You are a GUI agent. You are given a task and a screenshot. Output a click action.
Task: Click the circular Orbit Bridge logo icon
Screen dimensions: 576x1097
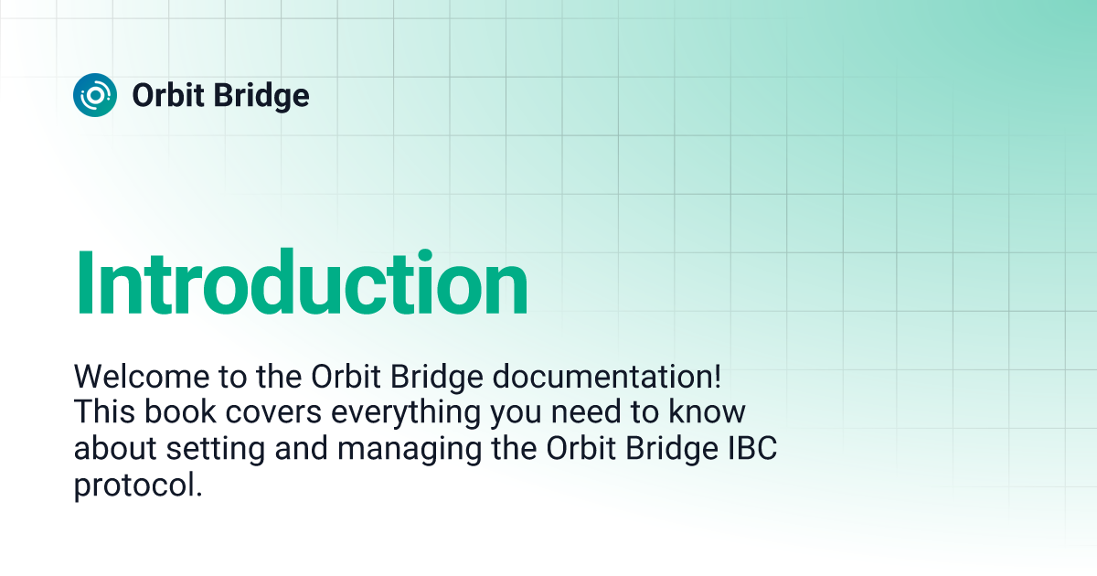coord(95,95)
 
